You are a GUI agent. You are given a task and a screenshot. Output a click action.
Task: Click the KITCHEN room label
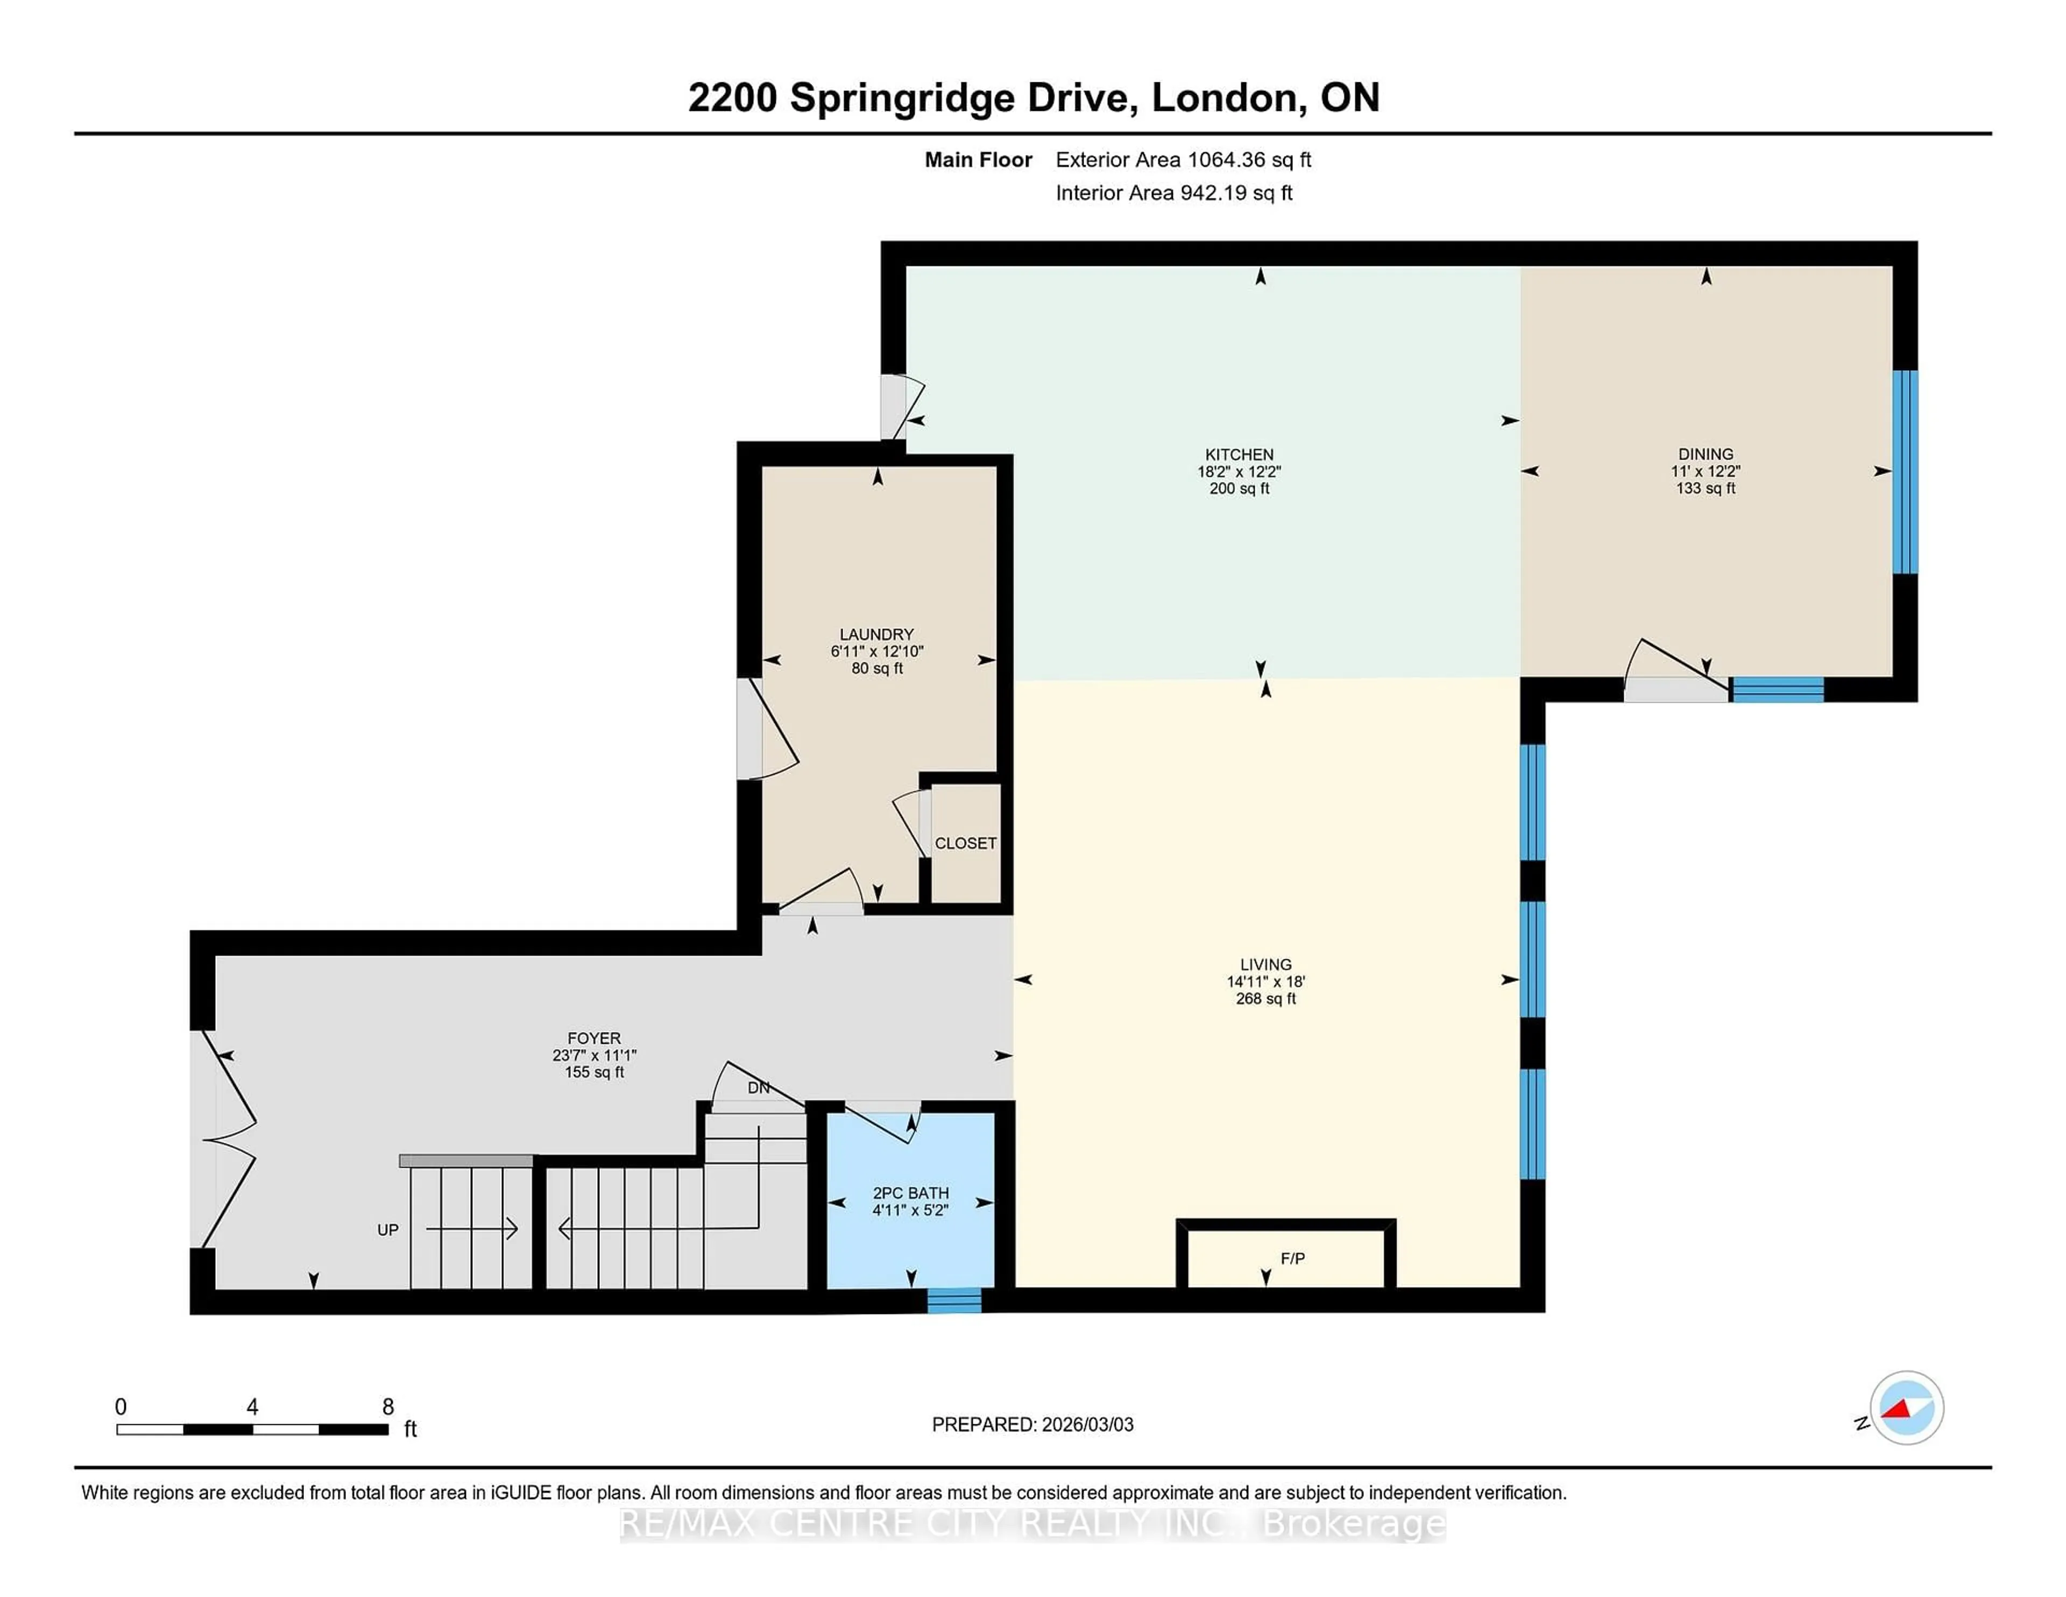[x=1239, y=454]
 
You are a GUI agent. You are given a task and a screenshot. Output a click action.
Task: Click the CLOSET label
[x=965, y=843]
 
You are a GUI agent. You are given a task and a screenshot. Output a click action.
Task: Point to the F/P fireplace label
[x=1292, y=1259]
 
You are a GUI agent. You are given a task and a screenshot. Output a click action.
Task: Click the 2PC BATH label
[x=910, y=1193]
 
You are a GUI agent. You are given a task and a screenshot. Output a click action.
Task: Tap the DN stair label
[x=758, y=1088]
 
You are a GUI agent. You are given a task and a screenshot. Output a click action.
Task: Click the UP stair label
[x=388, y=1230]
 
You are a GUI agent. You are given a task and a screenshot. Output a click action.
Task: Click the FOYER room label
[x=594, y=1038]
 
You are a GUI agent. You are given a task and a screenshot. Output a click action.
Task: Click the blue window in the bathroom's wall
[x=953, y=1301]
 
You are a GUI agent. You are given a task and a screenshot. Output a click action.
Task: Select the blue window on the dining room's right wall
[x=1904, y=471]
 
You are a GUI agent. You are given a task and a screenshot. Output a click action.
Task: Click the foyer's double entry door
[x=227, y=1138]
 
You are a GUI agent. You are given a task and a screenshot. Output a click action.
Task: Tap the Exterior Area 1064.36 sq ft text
[x=1183, y=160]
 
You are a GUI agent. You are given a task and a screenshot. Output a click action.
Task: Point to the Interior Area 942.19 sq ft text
[x=1173, y=193]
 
